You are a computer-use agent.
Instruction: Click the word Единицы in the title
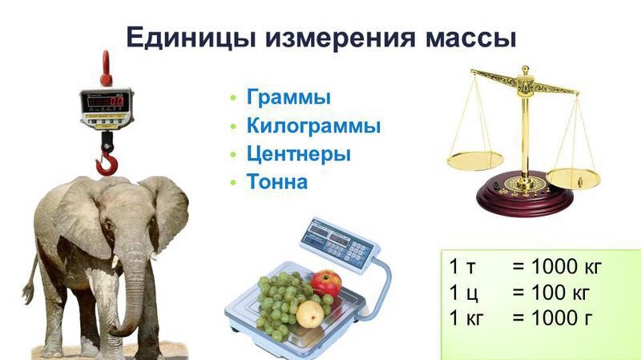click(x=191, y=38)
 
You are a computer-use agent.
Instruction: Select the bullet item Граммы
click(x=288, y=97)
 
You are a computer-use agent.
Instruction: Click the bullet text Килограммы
click(x=313, y=126)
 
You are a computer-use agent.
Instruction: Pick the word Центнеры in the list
click(x=298, y=154)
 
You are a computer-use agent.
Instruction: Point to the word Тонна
click(x=276, y=182)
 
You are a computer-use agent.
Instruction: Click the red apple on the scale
click(x=326, y=283)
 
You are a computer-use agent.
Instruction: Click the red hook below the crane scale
click(x=107, y=164)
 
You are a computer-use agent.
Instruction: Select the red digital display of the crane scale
click(x=106, y=101)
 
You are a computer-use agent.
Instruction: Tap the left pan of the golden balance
click(x=475, y=160)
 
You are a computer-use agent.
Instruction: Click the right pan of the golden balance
click(x=573, y=178)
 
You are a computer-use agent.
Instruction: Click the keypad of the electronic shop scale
click(x=352, y=249)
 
